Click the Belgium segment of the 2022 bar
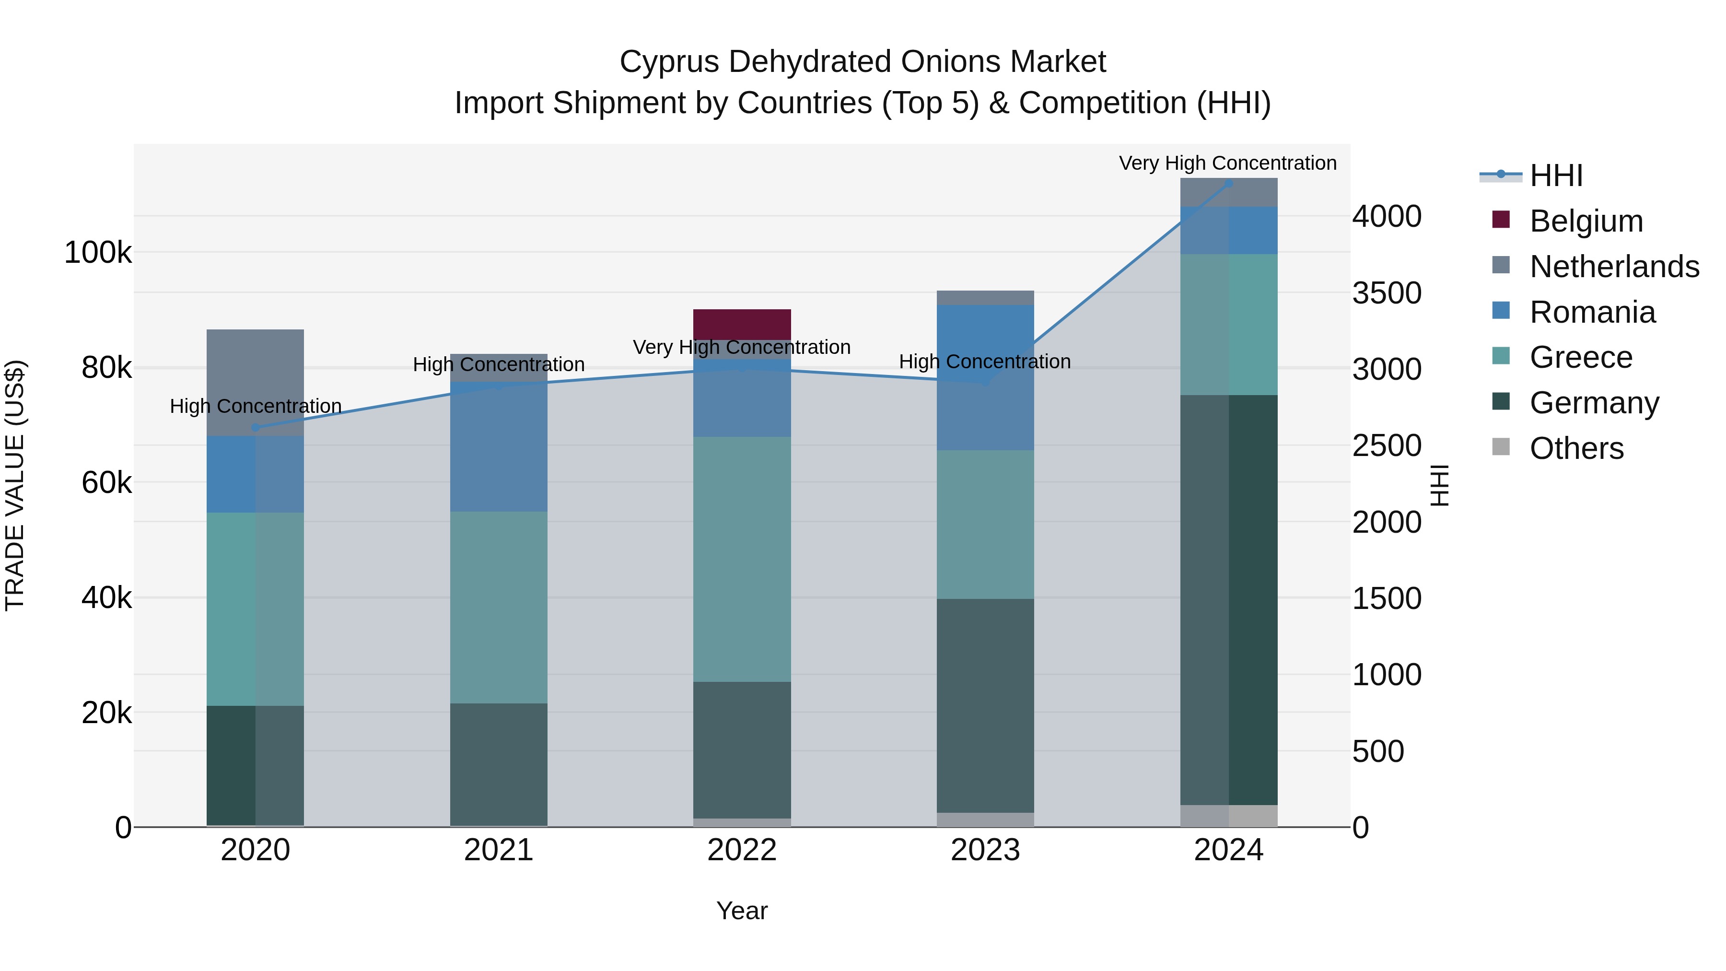[x=742, y=324]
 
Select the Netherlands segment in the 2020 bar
[x=255, y=382]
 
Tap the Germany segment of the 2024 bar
[x=1228, y=600]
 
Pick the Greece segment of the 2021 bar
[x=499, y=607]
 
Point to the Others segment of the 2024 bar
[x=1228, y=816]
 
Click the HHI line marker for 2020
[x=255, y=428]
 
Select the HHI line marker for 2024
[x=1228, y=183]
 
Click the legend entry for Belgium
[x=1586, y=221]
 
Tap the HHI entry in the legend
[x=1556, y=175]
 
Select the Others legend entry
[x=1576, y=448]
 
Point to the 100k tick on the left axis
[x=98, y=253]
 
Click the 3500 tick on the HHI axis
[x=1386, y=293]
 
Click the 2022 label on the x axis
[x=742, y=850]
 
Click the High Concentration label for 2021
[x=499, y=364]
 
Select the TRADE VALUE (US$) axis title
[x=15, y=485]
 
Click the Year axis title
[x=742, y=911]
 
